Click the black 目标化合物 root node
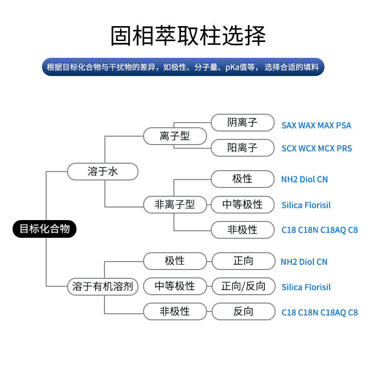tap(44, 229)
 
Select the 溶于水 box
tap(103, 171)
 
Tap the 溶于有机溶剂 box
tap(103, 286)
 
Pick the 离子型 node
tap(175, 136)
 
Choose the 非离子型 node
tap(175, 204)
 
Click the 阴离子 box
tap(242, 123)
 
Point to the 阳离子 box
tap(242, 148)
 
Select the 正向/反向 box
tap(243, 286)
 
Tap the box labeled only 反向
tap(243, 311)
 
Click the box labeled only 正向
tap(243, 261)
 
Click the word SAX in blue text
tap(289, 125)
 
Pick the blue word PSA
tap(343, 125)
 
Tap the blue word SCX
tap(289, 149)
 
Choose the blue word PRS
tap(344, 149)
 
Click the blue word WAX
tap(307, 125)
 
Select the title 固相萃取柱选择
tap(188, 36)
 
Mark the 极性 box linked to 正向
tap(175, 261)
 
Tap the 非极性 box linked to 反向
tap(175, 311)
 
